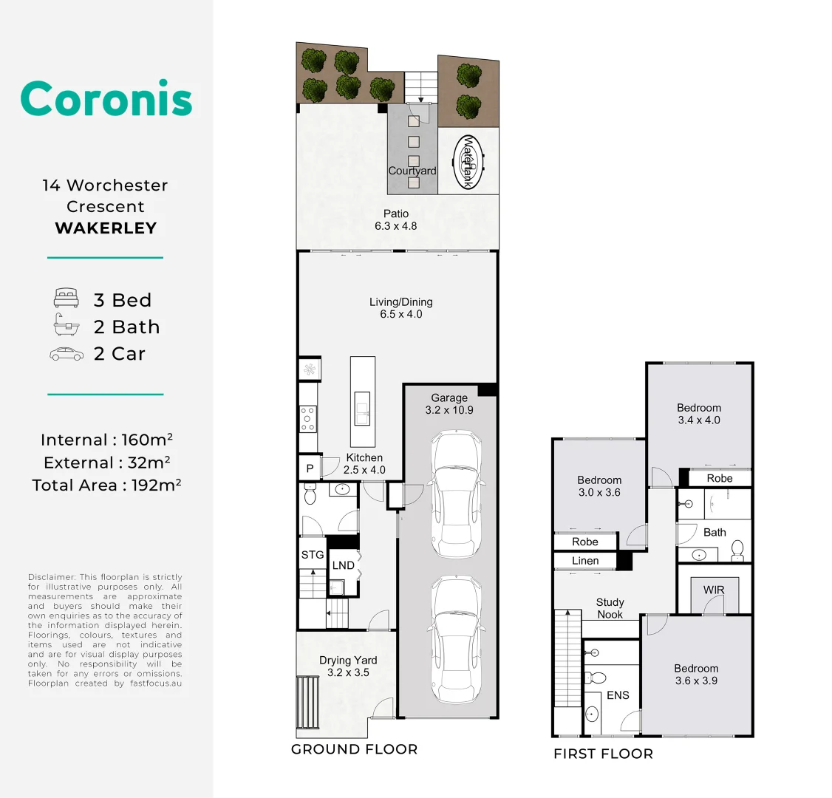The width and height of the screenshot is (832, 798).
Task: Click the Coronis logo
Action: [106, 98]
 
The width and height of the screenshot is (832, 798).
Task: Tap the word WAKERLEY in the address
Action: [106, 228]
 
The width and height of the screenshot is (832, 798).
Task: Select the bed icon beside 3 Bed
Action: [67, 298]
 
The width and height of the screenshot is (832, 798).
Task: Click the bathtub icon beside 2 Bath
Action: [67, 324]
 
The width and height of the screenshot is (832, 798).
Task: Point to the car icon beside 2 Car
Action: [67, 354]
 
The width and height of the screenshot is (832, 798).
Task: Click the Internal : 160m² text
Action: [106, 440]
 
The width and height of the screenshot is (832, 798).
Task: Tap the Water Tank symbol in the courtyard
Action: [468, 161]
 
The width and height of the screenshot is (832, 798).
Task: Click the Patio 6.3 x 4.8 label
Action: [396, 219]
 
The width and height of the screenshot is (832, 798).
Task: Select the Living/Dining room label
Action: [401, 307]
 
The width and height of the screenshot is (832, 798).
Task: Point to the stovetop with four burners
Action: [308, 419]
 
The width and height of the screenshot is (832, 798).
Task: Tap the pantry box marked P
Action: [310, 468]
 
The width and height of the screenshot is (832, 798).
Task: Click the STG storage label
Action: [313, 554]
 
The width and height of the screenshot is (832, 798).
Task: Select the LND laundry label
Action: [344, 565]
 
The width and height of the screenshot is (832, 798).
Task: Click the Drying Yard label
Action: [348, 666]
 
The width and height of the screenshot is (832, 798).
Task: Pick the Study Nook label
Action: [610, 608]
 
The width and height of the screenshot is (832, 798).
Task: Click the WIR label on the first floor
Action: [714, 590]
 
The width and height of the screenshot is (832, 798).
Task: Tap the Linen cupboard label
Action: [585, 561]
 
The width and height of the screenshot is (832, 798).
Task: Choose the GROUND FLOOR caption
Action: [355, 749]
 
